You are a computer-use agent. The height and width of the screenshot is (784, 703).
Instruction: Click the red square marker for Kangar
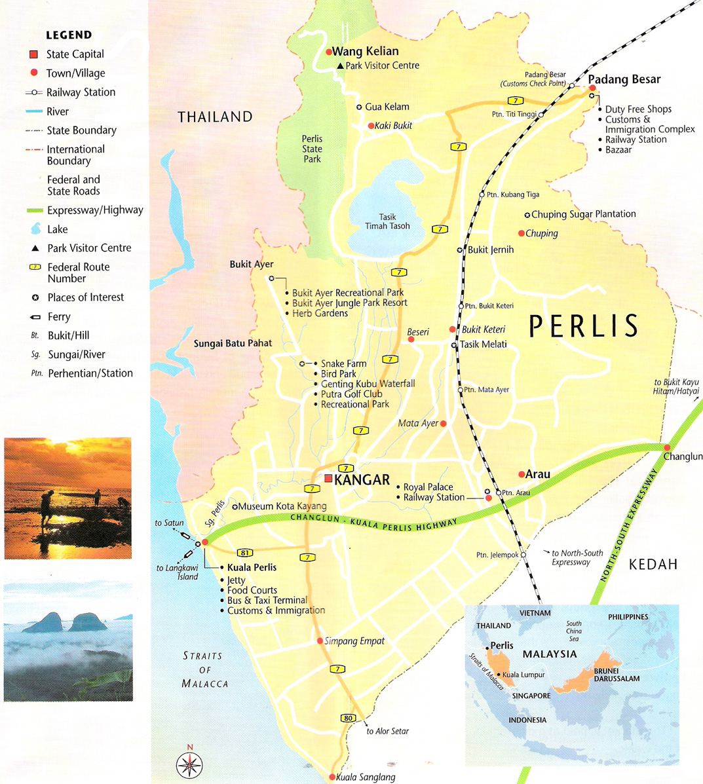click(328, 479)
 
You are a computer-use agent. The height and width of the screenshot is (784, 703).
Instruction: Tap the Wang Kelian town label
click(365, 51)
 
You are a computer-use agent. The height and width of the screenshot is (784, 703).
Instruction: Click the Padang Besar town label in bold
click(624, 79)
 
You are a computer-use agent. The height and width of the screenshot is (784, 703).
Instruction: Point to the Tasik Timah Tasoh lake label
click(387, 221)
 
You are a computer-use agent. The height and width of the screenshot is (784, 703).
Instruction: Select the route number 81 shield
click(245, 553)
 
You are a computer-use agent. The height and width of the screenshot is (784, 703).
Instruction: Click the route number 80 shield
click(348, 718)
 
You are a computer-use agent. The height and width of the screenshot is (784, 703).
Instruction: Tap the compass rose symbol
click(189, 764)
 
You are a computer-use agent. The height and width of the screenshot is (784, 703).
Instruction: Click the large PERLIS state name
click(583, 326)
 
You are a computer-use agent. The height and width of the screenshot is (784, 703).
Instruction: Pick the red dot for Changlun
click(667, 447)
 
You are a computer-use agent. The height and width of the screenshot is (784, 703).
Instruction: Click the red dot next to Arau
click(522, 474)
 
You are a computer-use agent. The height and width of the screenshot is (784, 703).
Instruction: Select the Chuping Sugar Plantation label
click(583, 214)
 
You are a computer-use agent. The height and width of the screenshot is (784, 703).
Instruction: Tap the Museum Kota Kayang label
click(282, 506)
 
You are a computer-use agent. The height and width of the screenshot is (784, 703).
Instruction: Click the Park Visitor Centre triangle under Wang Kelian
click(340, 66)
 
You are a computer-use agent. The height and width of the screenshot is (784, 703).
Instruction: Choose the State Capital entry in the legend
click(75, 54)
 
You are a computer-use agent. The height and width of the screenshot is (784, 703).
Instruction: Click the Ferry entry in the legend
click(58, 316)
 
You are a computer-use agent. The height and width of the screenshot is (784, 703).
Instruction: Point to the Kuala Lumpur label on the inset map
click(523, 675)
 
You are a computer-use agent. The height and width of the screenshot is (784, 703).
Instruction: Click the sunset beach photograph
click(67, 498)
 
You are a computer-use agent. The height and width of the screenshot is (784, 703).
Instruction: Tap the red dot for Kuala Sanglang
click(332, 777)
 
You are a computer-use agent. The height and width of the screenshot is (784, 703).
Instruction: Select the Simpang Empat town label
click(354, 641)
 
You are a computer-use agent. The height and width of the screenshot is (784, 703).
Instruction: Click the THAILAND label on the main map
click(215, 117)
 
